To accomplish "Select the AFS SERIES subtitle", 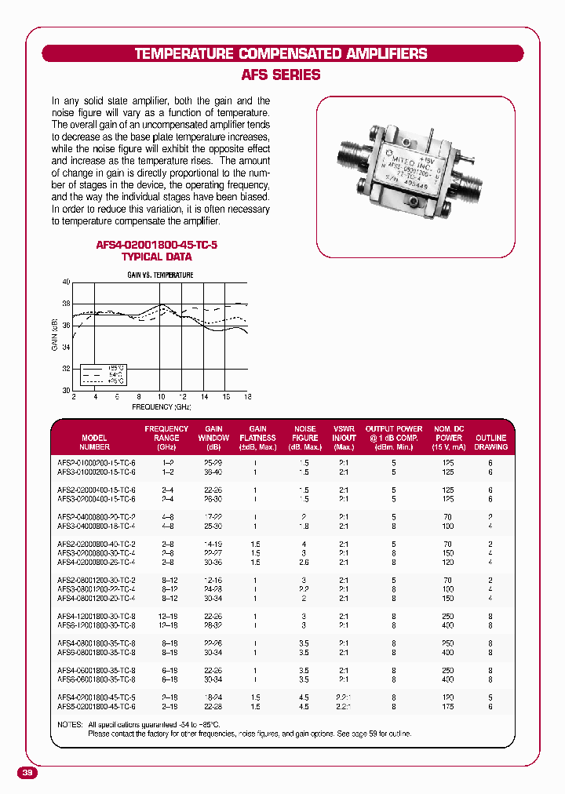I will click(282, 75).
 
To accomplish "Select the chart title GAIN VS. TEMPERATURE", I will click(161, 275).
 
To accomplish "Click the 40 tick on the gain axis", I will click(66, 282).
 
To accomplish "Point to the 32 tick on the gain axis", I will click(66, 369).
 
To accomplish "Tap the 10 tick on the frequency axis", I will click(161, 397).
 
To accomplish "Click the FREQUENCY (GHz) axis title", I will click(161, 407).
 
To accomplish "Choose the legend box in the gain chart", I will click(104, 375).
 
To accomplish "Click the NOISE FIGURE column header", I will click(305, 438).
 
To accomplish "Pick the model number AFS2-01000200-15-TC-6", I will click(97, 464).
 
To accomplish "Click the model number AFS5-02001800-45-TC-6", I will click(97, 706).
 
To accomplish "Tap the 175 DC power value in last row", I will click(448, 706).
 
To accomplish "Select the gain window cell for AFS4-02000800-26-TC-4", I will click(213, 562).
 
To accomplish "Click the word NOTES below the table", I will click(69, 724).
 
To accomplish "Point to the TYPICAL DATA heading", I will click(156, 257).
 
